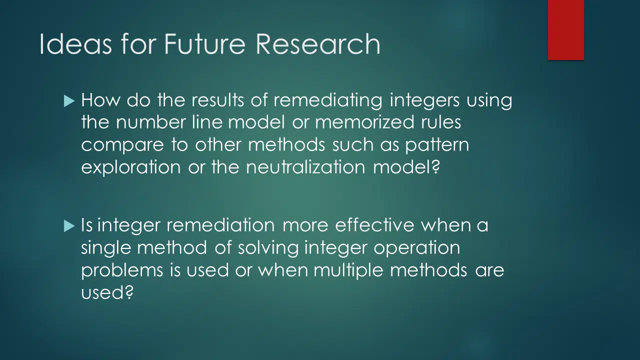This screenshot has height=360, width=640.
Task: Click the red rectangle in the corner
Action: [565, 30]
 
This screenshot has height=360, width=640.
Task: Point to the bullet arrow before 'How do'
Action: [69, 101]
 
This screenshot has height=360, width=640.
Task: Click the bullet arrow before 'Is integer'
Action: [69, 226]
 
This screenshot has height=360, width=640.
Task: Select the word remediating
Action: [327, 101]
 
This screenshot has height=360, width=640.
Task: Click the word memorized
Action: [364, 122]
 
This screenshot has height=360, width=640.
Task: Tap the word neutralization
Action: [305, 167]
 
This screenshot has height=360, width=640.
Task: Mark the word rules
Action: [441, 122]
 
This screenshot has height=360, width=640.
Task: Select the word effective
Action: [374, 225]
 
